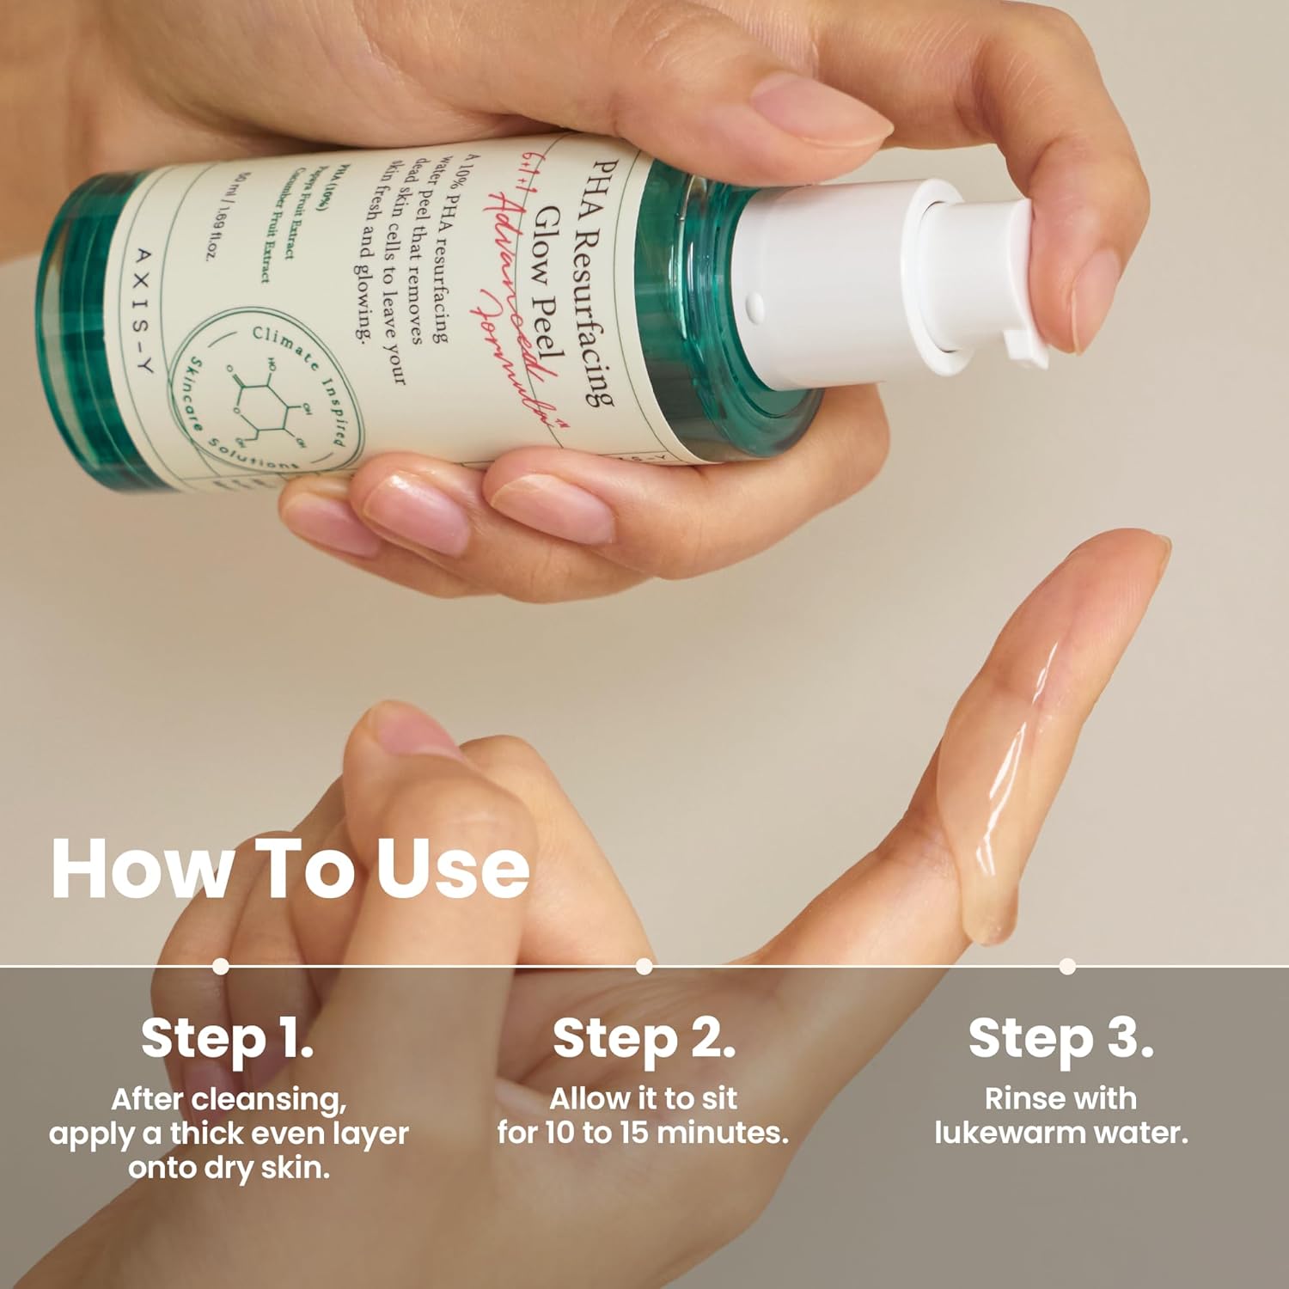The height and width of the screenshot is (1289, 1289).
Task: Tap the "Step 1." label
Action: [227, 1038]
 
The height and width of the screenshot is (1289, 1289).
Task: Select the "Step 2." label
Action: [644, 1038]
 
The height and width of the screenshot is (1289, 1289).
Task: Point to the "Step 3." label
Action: [1060, 1038]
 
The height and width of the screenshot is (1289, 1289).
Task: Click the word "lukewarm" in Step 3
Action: [1012, 1133]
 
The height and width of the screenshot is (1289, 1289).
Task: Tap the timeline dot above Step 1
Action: [221, 966]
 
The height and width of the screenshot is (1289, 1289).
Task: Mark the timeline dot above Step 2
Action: [644, 966]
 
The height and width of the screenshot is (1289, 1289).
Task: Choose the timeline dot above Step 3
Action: [1067, 966]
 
